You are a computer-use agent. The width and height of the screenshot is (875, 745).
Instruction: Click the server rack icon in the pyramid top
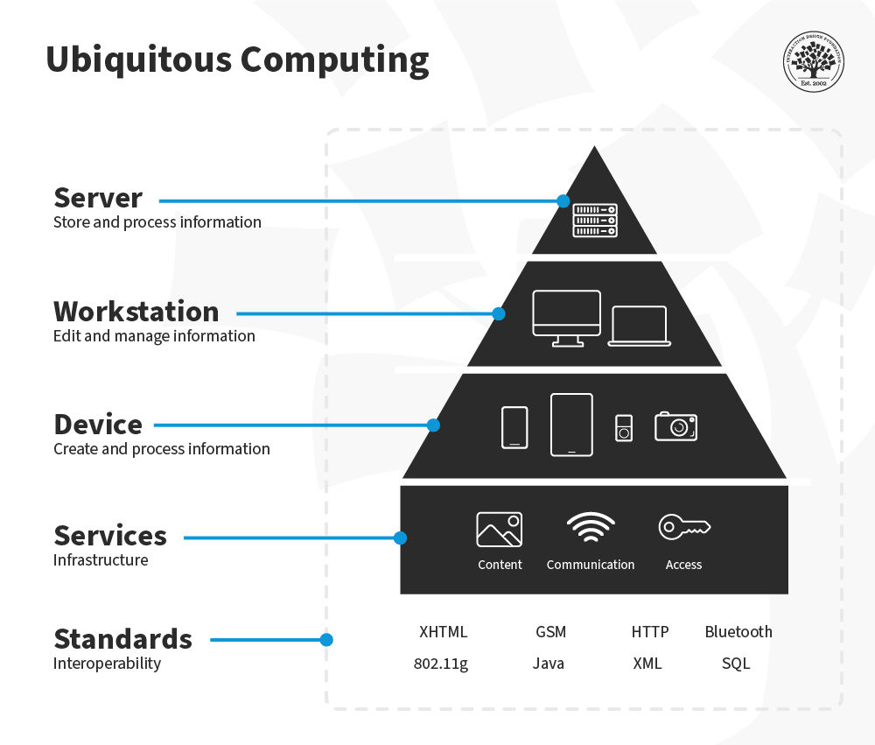pos(595,220)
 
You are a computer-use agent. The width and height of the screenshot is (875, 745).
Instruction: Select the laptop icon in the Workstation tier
pos(639,326)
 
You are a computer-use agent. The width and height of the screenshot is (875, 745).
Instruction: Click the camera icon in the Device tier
pos(675,425)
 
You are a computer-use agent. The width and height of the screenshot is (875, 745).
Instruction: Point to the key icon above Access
pos(684,527)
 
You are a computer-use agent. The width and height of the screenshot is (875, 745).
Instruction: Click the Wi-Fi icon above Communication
pos(591,528)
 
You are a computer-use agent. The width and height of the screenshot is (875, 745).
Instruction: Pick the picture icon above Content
pos(499,530)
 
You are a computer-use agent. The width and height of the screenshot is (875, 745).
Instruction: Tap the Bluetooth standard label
pos(738,631)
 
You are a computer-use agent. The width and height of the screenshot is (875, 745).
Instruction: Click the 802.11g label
pos(441,664)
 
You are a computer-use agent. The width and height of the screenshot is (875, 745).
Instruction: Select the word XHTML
pos(443,631)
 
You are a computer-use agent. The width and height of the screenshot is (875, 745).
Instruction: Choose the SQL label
pos(736,664)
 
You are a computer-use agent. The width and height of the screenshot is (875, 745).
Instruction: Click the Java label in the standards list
pos(549,664)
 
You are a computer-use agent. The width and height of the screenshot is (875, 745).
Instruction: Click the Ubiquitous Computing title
pos(237,60)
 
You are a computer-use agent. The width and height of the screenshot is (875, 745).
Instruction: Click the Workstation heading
pos(136,312)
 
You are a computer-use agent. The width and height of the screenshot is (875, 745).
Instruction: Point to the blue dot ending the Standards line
pos(326,640)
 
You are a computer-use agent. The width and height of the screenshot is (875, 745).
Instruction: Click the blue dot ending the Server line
pos(563,200)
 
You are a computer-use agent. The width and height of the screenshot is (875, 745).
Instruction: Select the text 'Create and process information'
pos(161,449)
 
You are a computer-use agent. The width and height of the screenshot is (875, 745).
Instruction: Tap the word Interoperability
pos(107,664)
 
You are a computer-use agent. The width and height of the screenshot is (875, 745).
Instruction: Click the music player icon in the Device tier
pos(623,428)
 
